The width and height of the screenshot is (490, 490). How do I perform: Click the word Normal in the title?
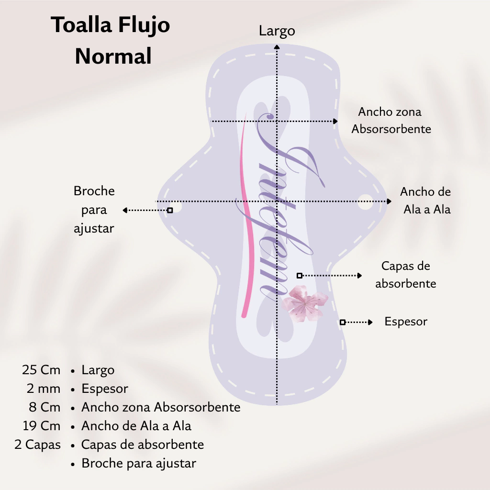tap(113, 56)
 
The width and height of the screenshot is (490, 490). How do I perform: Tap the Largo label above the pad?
tap(277, 31)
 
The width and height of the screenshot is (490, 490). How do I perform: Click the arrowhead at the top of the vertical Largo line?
tap(277, 47)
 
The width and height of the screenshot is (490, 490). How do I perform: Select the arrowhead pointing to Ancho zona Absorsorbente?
tap(335, 121)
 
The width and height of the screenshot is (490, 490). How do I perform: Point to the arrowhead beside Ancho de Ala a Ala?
tap(389, 201)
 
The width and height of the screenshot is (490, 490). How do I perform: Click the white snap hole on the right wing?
tap(366, 202)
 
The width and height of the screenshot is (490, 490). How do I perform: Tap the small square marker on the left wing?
tap(170, 211)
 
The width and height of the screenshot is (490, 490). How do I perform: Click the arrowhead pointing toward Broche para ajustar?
tap(125, 211)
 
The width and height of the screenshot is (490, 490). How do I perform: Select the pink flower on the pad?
tap(304, 303)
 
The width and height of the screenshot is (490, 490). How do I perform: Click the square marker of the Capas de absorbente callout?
tap(300, 276)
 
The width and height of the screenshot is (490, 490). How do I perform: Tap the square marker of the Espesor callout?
tap(343, 322)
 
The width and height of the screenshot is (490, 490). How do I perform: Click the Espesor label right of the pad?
tap(406, 322)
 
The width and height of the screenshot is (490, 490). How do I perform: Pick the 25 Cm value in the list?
tap(41, 370)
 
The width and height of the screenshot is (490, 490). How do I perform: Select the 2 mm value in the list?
tap(44, 389)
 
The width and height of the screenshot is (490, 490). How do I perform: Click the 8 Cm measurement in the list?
tap(45, 407)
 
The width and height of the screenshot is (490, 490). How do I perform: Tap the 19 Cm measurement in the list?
tap(41, 426)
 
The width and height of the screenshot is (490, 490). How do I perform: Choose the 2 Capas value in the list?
tap(37, 445)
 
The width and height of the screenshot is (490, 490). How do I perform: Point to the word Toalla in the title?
tap(81, 24)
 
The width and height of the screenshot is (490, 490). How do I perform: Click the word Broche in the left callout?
tap(94, 191)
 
